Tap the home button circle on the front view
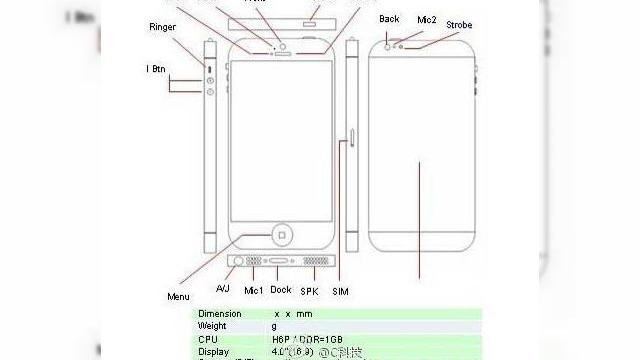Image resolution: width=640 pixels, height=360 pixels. click(x=282, y=235)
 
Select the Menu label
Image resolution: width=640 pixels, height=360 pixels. click(x=178, y=296)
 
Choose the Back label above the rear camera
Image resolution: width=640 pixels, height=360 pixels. click(x=389, y=19)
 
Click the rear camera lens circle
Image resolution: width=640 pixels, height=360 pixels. click(x=386, y=45)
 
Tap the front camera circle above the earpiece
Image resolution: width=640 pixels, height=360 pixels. click(x=282, y=45)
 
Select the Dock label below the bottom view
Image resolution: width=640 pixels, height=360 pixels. click(x=281, y=288)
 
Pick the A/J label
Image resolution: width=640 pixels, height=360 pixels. click(x=224, y=288)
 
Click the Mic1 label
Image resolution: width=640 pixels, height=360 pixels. click(x=253, y=289)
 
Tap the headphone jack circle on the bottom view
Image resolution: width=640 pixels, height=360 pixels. click(x=238, y=264)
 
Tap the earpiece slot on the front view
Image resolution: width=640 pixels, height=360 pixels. click(x=282, y=55)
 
